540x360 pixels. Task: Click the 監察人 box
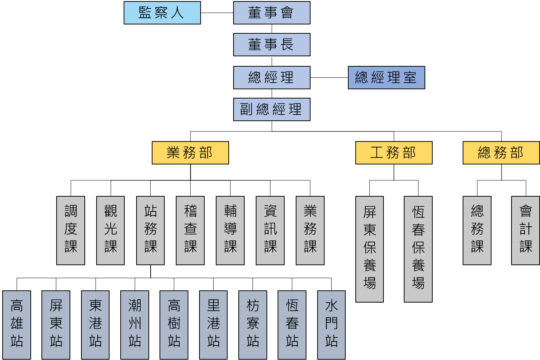[x=162, y=13]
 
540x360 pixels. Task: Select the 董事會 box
[x=272, y=13]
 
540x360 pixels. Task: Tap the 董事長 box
[x=272, y=45]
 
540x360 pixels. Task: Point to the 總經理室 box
[x=386, y=77]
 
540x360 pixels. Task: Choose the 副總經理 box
[x=272, y=109]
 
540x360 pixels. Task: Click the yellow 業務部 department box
[x=190, y=153]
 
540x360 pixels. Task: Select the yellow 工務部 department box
[x=394, y=153]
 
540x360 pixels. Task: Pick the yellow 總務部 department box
[x=501, y=153]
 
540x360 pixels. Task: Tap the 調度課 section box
[x=71, y=230]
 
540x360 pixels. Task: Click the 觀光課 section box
[x=110, y=230]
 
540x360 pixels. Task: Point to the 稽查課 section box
[x=190, y=230]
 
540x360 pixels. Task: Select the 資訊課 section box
[x=270, y=230]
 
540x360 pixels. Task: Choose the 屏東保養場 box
[x=369, y=249]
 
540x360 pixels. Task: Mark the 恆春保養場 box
[x=418, y=249]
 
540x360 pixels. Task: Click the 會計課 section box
[x=526, y=230]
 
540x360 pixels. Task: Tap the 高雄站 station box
[x=17, y=325]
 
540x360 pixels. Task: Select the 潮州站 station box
[x=135, y=325]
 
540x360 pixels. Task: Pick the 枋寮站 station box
[x=253, y=325]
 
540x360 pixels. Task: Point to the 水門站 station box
[x=331, y=325]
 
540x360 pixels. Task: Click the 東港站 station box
[x=95, y=325]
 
